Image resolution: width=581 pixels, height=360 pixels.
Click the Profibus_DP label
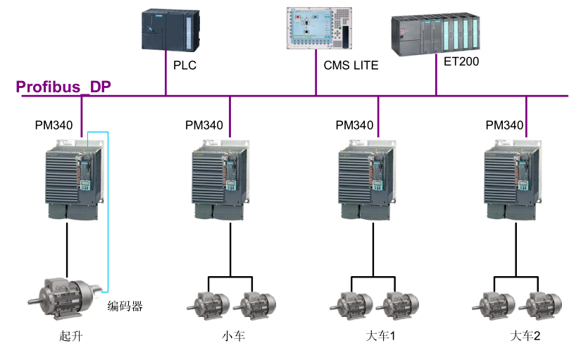point(63,87)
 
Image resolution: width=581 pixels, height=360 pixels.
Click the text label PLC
point(185,66)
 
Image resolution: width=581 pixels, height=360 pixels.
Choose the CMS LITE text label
point(351,66)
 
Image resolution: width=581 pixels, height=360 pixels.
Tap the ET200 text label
point(461,61)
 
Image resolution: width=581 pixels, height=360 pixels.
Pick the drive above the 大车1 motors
point(369,179)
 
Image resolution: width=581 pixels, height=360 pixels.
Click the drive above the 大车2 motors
point(516,179)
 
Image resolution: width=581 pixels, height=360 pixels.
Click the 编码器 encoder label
point(125,306)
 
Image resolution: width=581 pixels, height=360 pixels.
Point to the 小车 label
point(232,336)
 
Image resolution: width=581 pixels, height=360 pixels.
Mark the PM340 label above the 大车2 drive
point(505,125)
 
